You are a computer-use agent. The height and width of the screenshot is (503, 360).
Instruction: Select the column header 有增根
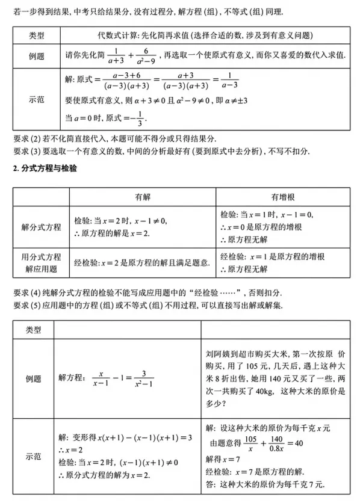pyautogui.click(x=281, y=197)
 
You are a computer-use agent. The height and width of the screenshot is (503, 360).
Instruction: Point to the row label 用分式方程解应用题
pyautogui.click(x=41, y=262)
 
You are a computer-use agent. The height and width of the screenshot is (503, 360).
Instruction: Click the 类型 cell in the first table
pyautogui.click(x=37, y=36)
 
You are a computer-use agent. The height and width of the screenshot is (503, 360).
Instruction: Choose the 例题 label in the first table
pyautogui.click(x=37, y=55)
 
